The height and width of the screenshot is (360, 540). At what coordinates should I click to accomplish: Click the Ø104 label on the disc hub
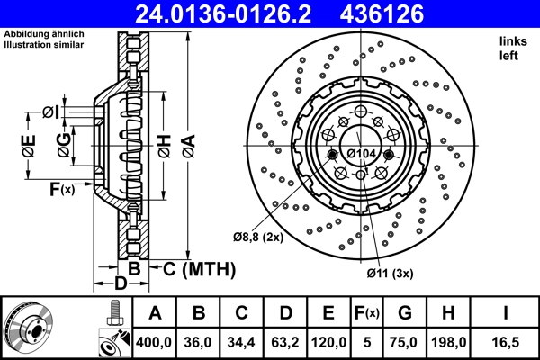tap(361, 154)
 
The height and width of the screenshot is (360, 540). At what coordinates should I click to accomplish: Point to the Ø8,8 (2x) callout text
tap(258, 237)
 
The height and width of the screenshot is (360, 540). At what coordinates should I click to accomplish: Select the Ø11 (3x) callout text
tap(389, 272)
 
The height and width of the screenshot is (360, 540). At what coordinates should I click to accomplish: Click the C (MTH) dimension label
tap(198, 268)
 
